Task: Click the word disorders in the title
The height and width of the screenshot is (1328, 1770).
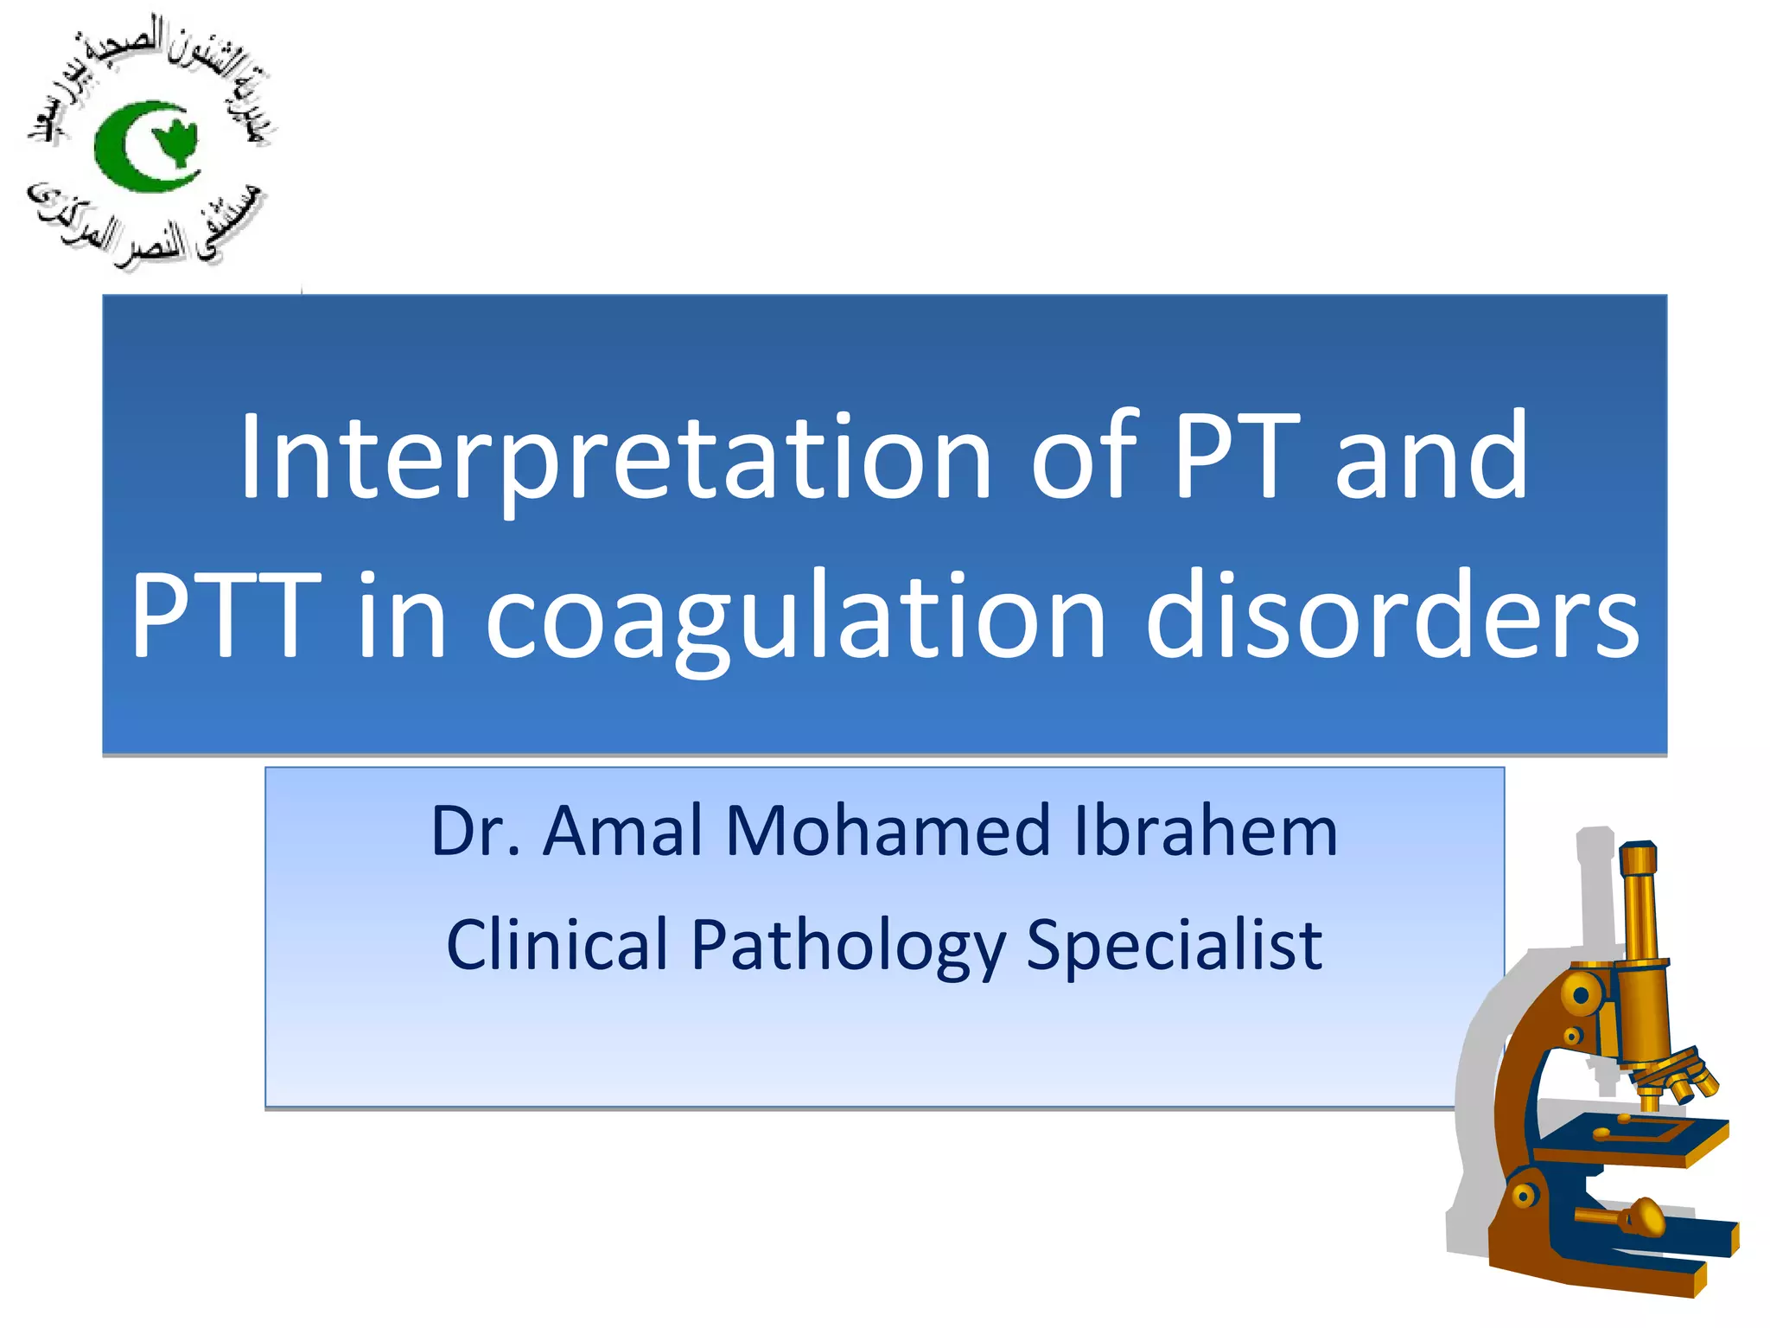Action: (1391, 616)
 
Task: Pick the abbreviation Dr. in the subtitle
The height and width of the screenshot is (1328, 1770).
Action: (475, 832)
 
